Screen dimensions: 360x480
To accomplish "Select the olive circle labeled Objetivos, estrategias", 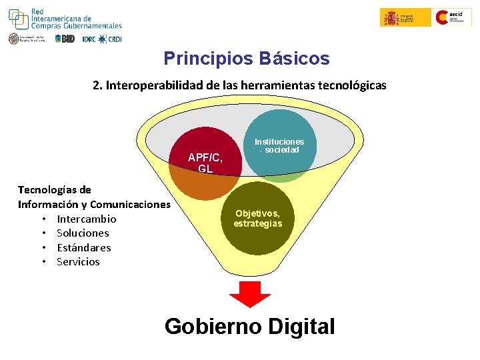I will [x=258, y=219].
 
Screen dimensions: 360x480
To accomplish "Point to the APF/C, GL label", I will [x=205, y=163].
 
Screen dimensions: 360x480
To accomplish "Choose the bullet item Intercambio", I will [x=86, y=219].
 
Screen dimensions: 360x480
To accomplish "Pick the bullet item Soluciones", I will [x=83, y=233].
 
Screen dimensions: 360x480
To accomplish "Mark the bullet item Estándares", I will [x=84, y=247].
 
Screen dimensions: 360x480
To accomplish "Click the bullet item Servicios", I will [x=78, y=261].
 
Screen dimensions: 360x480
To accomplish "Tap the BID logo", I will [x=65, y=39].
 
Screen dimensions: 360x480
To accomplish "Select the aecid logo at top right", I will [x=453, y=17].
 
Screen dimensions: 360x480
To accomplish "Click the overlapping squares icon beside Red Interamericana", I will [x=18, y=19].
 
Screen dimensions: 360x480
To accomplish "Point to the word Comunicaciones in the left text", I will [x=130, y=204].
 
